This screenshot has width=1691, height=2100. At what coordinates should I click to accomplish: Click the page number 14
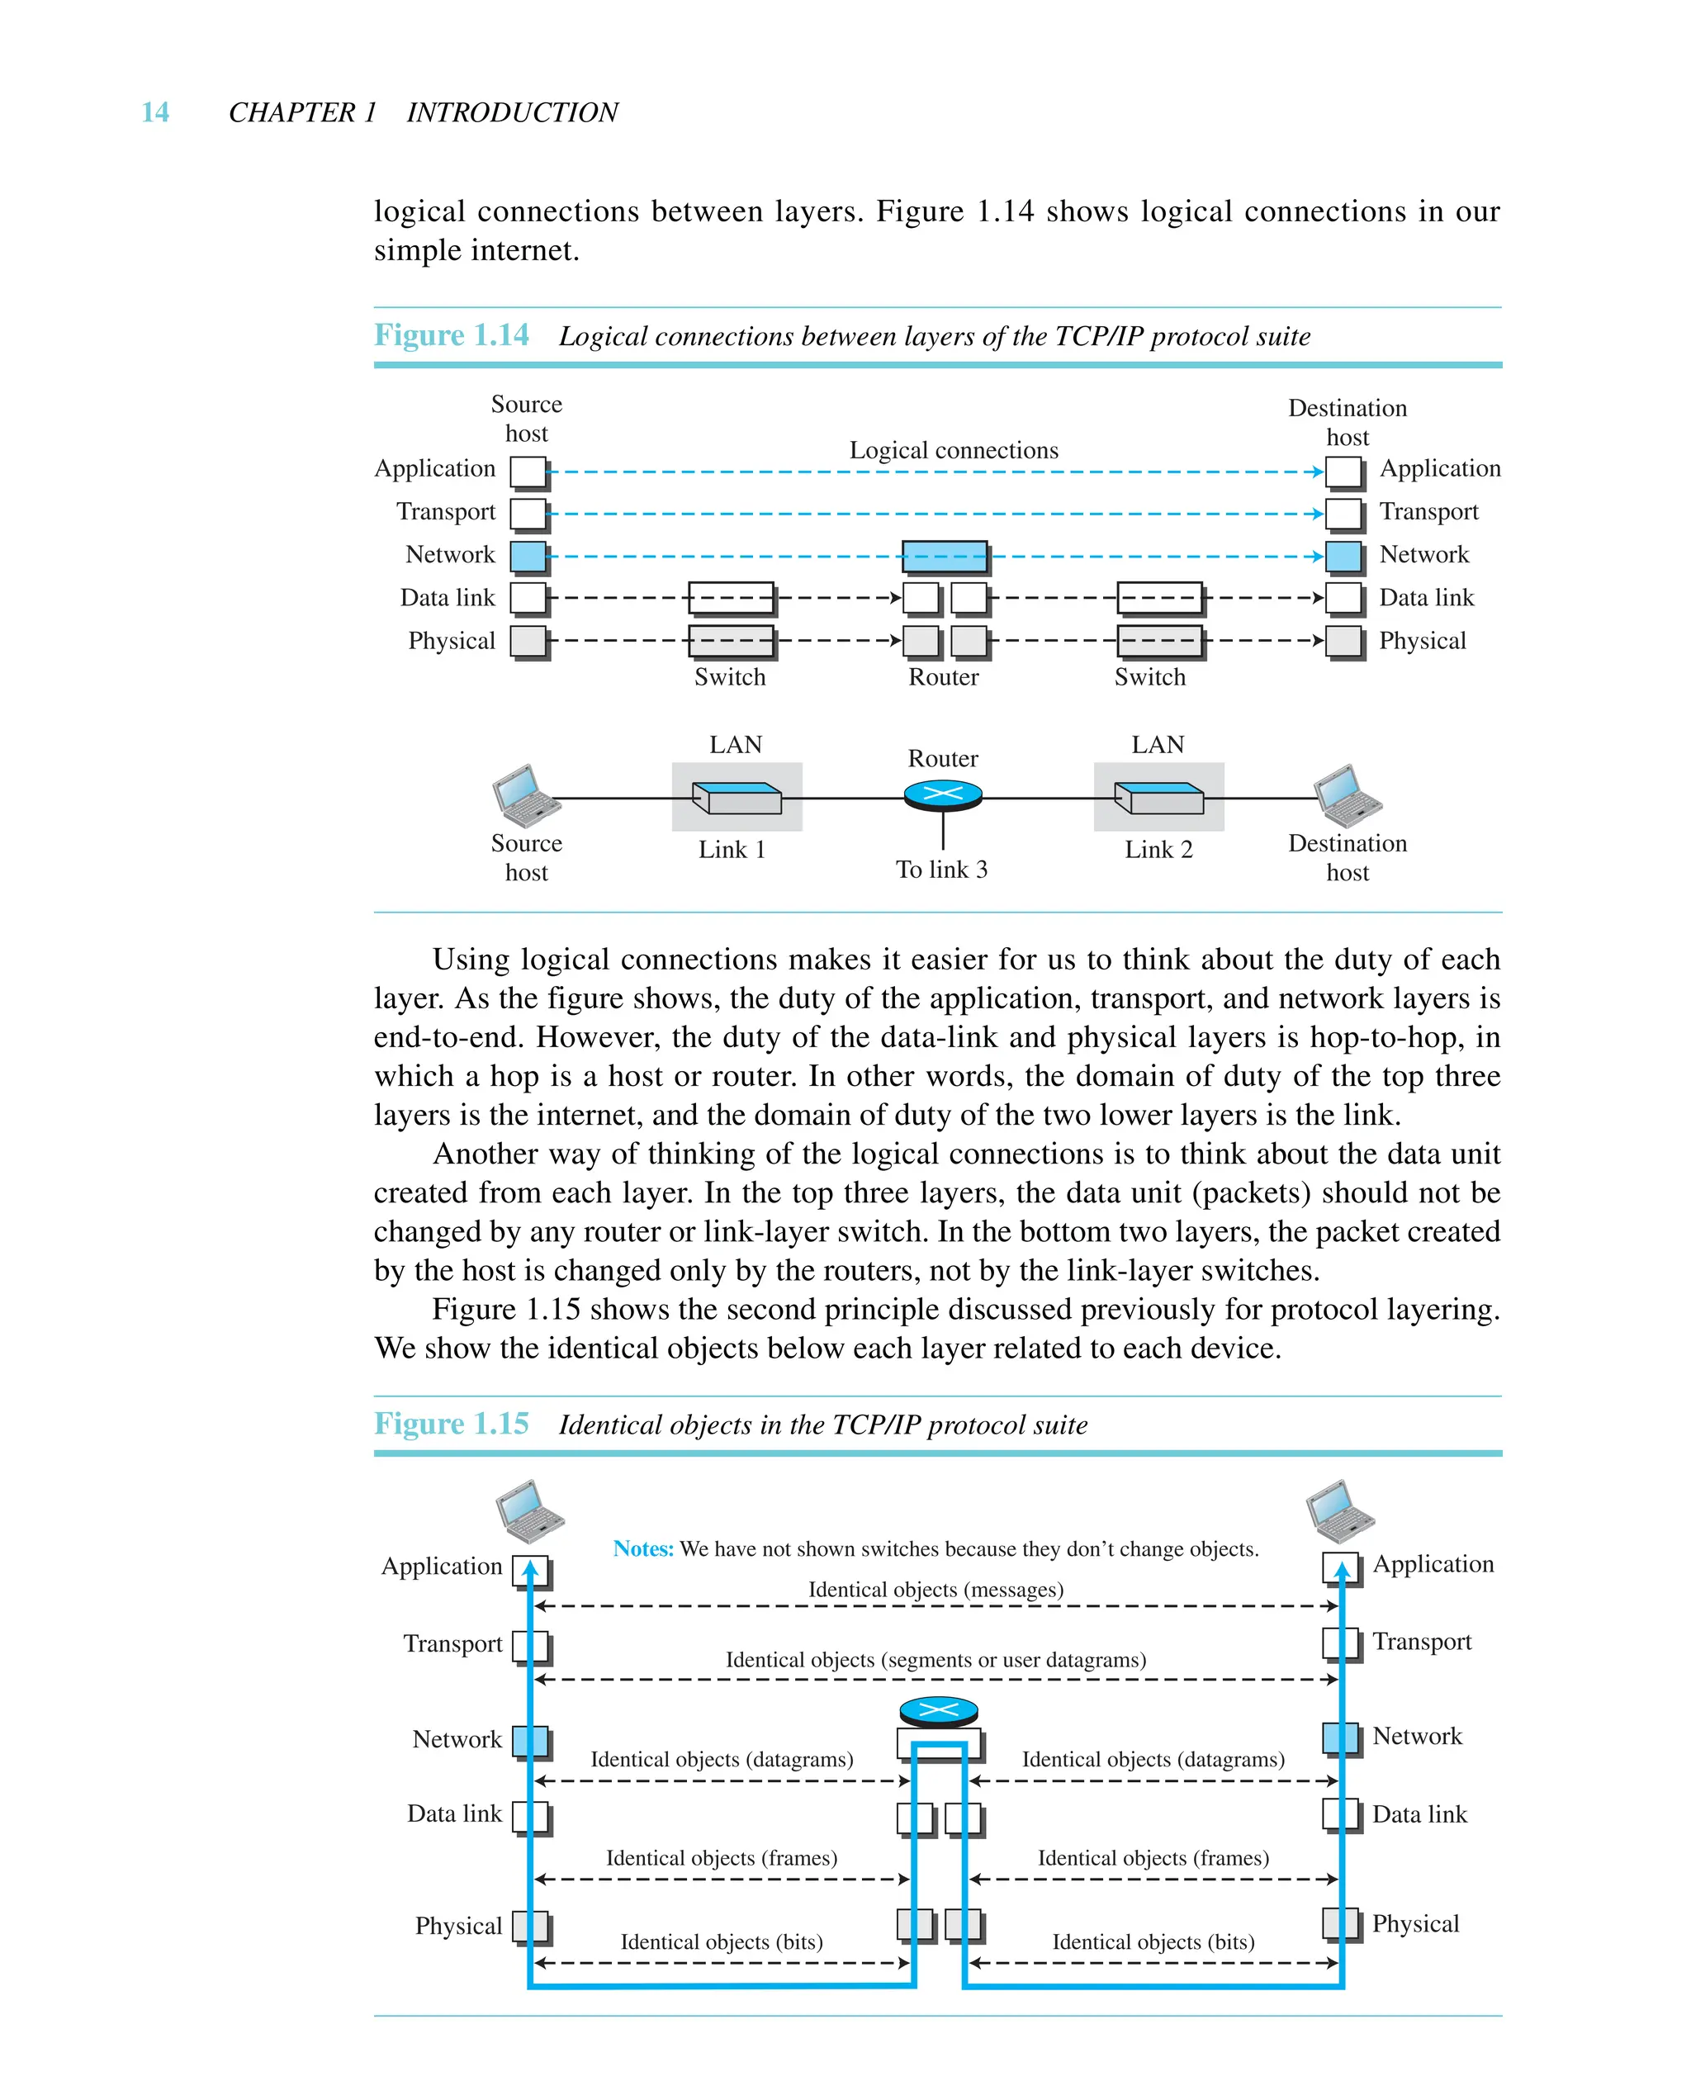[x=155, y=113]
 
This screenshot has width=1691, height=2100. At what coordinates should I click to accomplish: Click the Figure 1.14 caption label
[x=451, y=335]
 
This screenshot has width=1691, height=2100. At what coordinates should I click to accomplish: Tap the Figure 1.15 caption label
[x=451, y=1424]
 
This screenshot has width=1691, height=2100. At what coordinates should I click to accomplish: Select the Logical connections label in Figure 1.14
[x=953, y=450]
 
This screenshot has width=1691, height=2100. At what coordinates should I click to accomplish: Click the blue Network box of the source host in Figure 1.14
[x=528, y=556]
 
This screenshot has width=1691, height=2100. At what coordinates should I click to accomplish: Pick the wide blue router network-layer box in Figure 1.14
[x=943, y=556]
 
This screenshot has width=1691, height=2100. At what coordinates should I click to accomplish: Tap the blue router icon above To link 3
[x=942, y=794]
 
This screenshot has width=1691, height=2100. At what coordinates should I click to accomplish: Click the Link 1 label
[x=732, y=850]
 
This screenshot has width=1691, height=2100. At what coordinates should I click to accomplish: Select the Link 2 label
[x=1158, y=850]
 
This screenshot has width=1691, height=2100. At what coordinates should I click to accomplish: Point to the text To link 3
[x=941, y=869]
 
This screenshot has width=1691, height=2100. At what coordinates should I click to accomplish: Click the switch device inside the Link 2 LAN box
[x=1158, y=798]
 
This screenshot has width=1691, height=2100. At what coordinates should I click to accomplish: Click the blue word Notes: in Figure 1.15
[x=643, y=1548]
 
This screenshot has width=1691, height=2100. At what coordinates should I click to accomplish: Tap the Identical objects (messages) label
[x=935, y=1590]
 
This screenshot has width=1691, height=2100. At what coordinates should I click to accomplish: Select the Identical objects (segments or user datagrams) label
[x=935, y=1660]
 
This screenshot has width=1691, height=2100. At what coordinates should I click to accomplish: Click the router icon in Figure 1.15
[x=938, y=1709]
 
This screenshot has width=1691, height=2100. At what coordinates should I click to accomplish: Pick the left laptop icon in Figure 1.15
[x=530, y=1512]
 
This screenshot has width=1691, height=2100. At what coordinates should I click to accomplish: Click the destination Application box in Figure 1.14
[x=1343, y=472]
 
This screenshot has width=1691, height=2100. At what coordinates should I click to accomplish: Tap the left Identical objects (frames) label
[x=721, y=1857]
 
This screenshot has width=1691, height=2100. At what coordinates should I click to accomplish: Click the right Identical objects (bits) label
[x=1153, y=1941]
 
